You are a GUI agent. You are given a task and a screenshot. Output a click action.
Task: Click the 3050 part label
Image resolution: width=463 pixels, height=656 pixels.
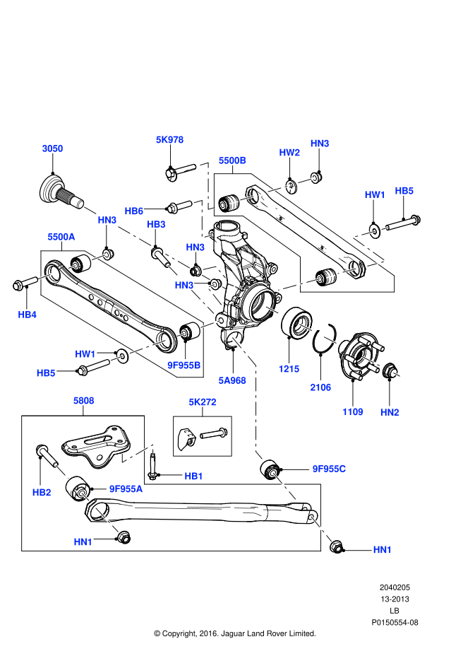click(52, 148)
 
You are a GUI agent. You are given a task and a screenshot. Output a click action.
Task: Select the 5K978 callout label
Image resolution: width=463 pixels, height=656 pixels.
click(169, 140)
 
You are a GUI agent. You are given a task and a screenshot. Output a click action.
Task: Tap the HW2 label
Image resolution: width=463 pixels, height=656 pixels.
click(289, 153)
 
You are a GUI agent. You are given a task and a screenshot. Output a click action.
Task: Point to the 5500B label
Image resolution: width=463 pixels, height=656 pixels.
click(231, 161)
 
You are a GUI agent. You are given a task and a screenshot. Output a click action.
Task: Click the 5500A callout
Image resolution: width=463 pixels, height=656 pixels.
click(61, 237)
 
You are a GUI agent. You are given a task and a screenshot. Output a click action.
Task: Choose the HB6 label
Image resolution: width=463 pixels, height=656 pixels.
click(134, 211)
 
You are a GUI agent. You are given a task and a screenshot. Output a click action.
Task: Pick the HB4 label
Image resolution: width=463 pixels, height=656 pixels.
click(27, 315)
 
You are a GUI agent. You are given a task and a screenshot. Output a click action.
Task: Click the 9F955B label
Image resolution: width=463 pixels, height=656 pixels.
click(184, 365)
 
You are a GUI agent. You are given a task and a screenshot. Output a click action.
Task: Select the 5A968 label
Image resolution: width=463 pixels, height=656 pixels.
click(231, 380)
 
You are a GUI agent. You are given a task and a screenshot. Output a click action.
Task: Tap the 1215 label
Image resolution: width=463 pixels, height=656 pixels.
click(289, 369)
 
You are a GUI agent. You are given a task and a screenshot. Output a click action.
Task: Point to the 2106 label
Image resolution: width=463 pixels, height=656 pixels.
click(320, 387)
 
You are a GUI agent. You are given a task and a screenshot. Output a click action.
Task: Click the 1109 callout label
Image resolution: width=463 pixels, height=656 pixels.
click(353, 411)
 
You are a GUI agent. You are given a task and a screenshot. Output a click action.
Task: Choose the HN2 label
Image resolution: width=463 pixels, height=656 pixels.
click(390, 411)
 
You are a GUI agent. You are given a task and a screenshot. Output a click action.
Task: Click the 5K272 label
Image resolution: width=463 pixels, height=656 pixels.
click(202, 402)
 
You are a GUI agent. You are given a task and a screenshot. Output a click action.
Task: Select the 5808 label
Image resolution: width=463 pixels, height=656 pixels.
click(83, 401)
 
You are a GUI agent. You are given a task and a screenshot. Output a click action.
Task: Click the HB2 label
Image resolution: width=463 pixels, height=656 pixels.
click(42, 492)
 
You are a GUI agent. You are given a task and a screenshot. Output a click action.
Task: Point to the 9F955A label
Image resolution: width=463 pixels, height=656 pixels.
click(126, 488)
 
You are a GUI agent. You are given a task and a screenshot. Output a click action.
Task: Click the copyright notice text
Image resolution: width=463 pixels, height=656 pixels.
click(234, 633)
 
